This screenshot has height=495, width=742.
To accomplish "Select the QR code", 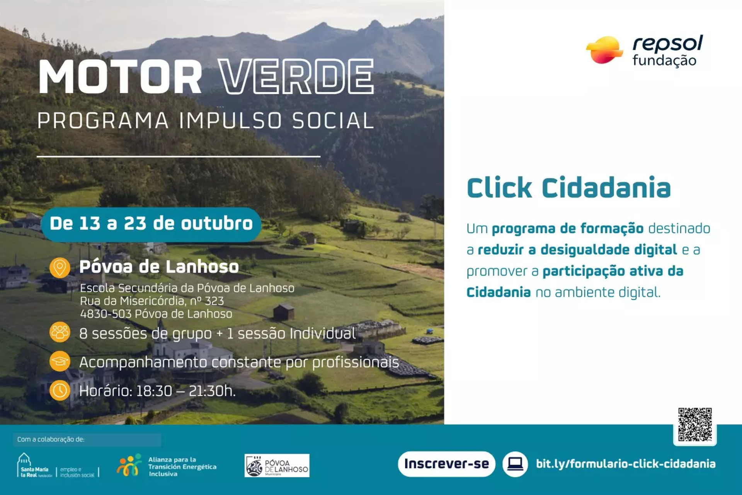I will tap(694, 424).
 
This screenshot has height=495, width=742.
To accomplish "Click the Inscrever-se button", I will tap(446, 464).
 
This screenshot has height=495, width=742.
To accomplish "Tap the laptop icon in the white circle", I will tap(515, 464).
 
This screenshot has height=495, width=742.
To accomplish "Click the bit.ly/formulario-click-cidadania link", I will tap(625, 464).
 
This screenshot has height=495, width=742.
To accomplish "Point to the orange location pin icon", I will tap(60, 268).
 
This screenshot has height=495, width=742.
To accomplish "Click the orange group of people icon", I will tap(60, 332).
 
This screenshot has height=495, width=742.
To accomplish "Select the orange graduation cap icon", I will tap(60, 361).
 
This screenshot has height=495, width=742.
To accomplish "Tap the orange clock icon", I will tap(60, 390).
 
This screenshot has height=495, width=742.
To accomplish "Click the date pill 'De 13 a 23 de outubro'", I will tap(151, 224).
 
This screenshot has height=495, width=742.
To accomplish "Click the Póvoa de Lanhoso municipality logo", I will tap(277, 466).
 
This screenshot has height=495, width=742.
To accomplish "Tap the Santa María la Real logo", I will tap(34, 466).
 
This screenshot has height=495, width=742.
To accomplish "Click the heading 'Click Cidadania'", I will tap(568, 188).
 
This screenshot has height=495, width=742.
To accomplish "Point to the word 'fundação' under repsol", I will tap(664, 61).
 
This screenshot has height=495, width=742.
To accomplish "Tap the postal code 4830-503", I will tap(106, 314).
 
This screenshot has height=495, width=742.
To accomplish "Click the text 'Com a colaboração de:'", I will tap(51, 439).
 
